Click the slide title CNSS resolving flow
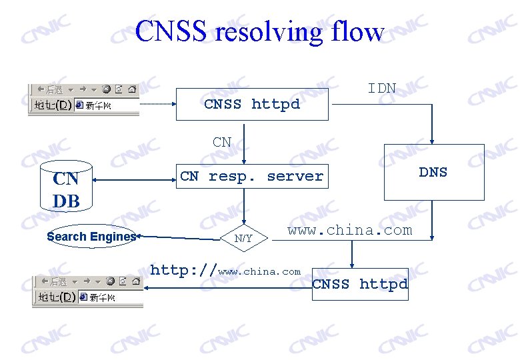pos(259,31)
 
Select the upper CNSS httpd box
pos(252,104)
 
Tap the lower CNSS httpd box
pos(360,284)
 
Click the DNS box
pos(434,172)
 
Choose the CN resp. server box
pos(252,176)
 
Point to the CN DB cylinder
pos(67,186)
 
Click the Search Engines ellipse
pos(91,237)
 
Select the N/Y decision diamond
pos(243,238)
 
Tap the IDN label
pos(382,89)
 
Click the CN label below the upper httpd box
pos(222,142)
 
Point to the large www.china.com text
pos(349,231)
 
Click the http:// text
pos(183,271)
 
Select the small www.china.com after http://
pos(259,272)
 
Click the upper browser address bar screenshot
pos(83,99)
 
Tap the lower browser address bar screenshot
pos(87,291)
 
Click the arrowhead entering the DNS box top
pos(433,141)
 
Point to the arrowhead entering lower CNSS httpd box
pos(353,265)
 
